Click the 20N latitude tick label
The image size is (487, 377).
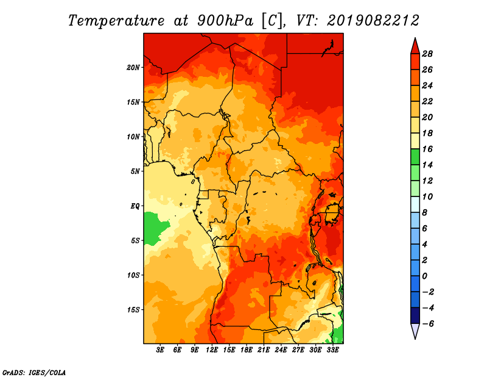coord(133,68)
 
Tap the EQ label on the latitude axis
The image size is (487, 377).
coord(135,206)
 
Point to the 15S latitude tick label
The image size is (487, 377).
coord(133,310)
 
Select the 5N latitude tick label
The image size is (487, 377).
coord(135,171)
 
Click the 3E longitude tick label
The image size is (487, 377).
coord(160,350)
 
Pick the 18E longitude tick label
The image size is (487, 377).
coord(247,350)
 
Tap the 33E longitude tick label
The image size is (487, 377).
coord(332,350)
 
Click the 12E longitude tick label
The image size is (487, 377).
coord(212,350)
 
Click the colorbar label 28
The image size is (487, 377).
coord(427,54)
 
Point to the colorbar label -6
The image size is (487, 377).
coord(428,324)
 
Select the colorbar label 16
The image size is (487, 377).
coord(427,149)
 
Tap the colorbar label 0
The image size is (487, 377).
coord(424,276)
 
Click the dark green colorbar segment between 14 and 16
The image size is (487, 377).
coord(415,157)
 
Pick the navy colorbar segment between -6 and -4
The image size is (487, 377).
coord(415,315)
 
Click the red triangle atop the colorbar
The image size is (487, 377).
coord(415,47)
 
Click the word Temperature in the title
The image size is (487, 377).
coord(116,21)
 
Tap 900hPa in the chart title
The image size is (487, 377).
coord(225,21)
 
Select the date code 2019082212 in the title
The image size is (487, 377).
coord(373,21)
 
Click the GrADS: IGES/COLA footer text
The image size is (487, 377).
coord(34,372)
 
